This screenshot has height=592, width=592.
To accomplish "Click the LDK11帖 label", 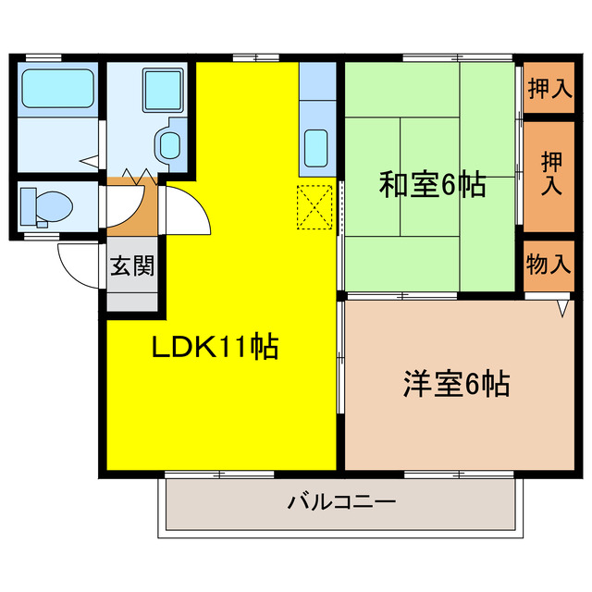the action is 215,347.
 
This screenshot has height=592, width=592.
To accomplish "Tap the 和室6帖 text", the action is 432,185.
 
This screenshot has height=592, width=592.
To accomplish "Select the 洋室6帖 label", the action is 457,384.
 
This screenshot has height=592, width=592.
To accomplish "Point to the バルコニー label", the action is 341,502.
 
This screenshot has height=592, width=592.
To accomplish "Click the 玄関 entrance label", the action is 132,265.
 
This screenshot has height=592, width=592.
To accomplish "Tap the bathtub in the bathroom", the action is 57,89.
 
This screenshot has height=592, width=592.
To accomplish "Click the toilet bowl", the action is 54,206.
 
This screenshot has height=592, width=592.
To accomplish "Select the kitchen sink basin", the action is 316,148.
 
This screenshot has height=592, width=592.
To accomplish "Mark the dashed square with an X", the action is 314,207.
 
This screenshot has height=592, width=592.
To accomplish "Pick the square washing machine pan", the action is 163,91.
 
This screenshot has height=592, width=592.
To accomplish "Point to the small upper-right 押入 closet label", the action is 549,88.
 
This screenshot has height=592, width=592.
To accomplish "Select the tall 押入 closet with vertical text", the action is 551,173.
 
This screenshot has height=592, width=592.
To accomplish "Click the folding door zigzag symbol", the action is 140,177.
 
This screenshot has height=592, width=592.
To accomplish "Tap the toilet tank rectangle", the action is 28,207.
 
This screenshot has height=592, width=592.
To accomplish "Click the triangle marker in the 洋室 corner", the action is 562,308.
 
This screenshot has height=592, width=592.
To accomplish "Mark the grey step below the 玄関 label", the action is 132,302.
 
